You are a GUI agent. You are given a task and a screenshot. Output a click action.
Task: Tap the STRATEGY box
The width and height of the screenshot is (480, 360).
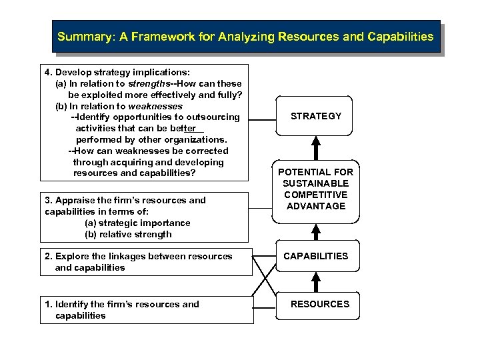click(x=316, y=116)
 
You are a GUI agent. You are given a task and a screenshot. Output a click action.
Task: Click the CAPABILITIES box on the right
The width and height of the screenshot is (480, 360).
click(x=316, y=256)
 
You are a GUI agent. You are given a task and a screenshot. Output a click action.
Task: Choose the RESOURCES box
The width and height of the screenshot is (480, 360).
click(x=320, y=304)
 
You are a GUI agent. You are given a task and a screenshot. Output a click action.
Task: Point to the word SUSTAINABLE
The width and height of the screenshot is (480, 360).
click(x=315, y=183)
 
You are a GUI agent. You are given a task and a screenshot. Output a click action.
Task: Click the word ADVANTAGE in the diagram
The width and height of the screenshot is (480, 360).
click(x=316, y=206)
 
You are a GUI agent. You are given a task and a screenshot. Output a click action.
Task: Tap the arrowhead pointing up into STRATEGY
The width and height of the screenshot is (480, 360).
click(x=316, y=141)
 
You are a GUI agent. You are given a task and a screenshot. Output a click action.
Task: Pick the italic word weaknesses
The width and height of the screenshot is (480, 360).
click(x=155, y=106)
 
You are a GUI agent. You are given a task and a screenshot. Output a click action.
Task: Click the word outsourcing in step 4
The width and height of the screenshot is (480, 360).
click(x=213, y=117)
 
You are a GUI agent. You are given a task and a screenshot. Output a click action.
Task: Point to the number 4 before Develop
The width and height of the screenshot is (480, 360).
click(x=47, y=72)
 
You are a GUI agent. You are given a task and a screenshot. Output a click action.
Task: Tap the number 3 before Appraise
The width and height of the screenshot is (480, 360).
click(x=47, y=200)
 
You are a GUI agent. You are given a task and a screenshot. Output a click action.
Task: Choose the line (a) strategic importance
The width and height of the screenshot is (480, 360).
click(x=137, y=223)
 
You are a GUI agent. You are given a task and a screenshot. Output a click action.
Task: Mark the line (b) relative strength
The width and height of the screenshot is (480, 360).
click(x=128, y=234)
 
